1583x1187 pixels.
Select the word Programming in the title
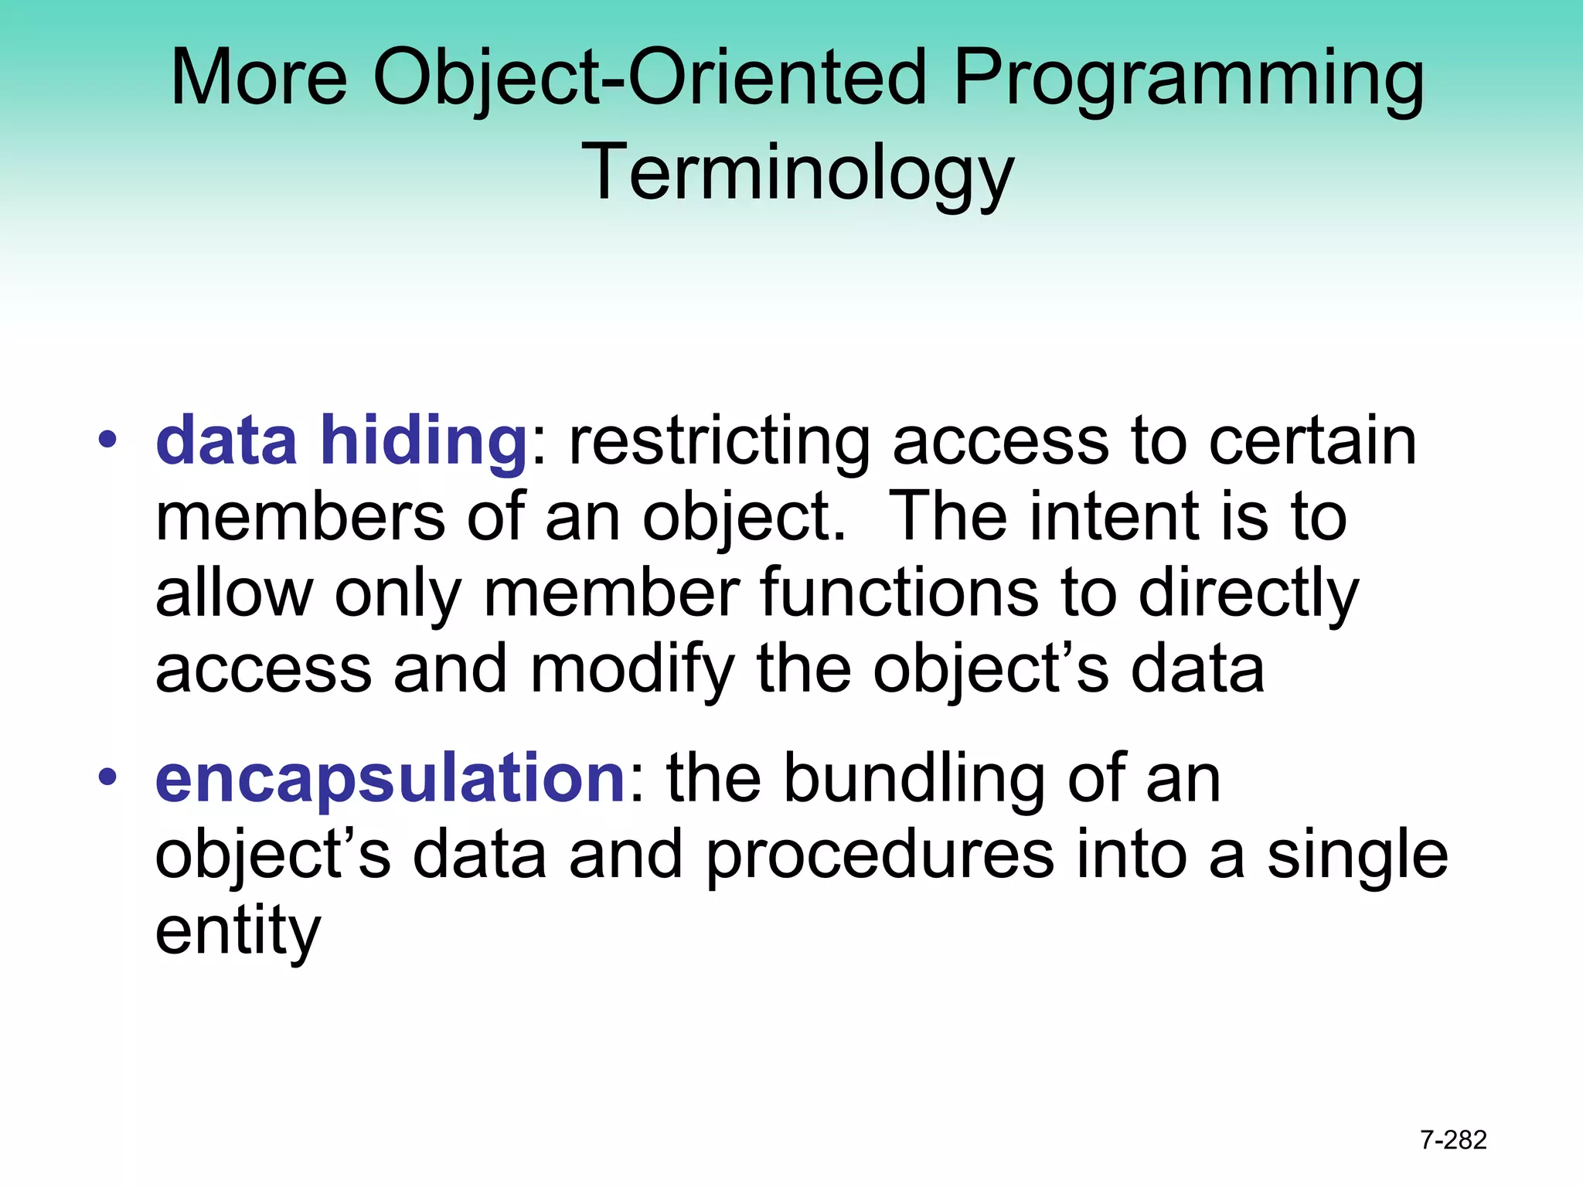(x=1189, y=79)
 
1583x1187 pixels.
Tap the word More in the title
(x=259, y=77)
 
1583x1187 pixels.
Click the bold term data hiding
(x=341, y=440)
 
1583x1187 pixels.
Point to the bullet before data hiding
(x=107, y=440)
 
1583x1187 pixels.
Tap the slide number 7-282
(x=1453, y=1140)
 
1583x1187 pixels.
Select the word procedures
(x=880, y=856)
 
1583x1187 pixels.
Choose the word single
(x=1357, y=856)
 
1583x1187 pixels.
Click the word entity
(x=237, y=932)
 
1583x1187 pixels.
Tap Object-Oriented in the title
(x=649, y=79)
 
